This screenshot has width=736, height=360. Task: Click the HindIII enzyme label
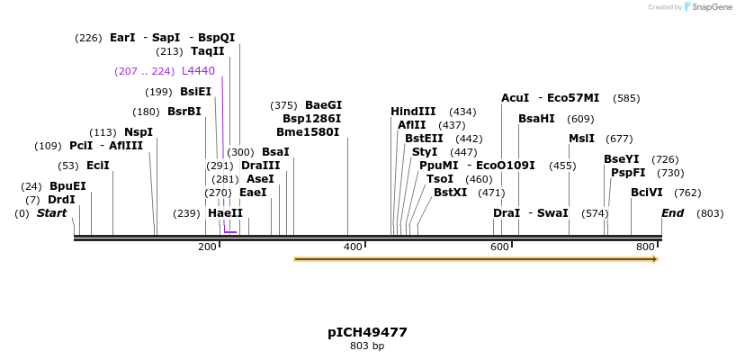point(413,112)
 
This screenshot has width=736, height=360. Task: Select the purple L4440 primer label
point(198,71)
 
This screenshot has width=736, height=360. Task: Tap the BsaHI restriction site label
point(536,119)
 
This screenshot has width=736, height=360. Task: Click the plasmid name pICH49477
point(367,332)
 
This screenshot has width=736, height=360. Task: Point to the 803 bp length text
point(367,346)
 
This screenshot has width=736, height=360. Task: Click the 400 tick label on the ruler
point(353,247)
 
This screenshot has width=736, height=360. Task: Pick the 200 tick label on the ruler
point(207,247)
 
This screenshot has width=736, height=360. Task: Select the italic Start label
point(51,213)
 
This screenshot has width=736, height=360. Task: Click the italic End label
point(672,213)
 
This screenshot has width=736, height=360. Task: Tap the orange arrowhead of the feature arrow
point(655,259)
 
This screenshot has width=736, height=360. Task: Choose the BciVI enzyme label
point(646,193)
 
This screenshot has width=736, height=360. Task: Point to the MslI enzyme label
point(581,139)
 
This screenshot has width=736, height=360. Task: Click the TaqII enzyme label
point(207,51)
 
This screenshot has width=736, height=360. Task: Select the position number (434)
point(462,112)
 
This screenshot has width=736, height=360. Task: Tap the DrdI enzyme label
point(61,200)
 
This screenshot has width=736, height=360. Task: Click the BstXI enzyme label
point(450,193)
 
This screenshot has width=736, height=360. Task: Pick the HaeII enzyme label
point(225,213)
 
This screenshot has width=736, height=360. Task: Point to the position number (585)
point(626,98)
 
